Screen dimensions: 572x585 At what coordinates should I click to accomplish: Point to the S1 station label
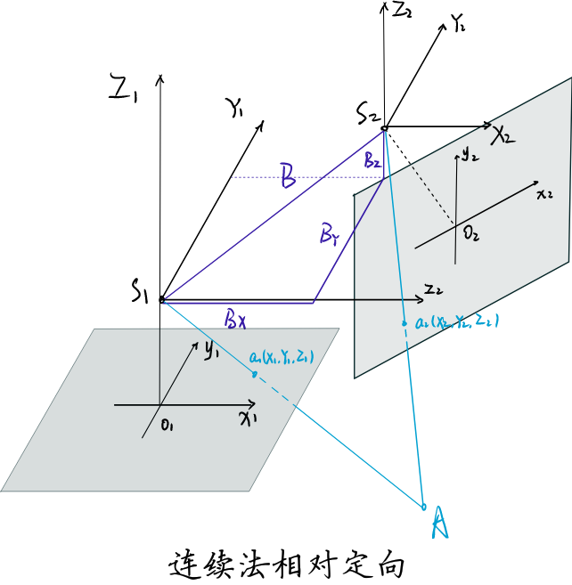[140, 290]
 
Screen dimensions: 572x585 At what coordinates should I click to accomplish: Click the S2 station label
[368, 113]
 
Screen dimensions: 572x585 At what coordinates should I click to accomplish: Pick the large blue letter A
[439, 523]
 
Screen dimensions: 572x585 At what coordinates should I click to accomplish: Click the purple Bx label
[235, 318]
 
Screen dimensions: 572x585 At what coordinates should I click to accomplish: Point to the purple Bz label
[372, 161]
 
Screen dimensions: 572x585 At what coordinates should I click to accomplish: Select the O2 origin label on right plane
[470, 234]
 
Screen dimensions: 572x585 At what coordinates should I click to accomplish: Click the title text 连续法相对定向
[286, 565]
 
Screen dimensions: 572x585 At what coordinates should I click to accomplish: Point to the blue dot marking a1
[255, 374]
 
